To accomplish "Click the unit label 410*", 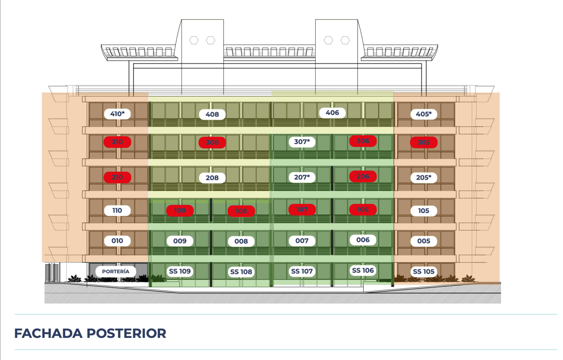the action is coord(117,114).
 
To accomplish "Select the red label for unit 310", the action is coord(117,142).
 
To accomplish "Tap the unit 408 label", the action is coord(212,115).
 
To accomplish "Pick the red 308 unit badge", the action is coord(212,143).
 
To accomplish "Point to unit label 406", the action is coord(332,113).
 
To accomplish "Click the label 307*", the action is coord(302,142).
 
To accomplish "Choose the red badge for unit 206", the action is coord(363,176).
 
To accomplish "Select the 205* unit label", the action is coord(424,177).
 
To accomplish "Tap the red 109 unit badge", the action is coord(180,210).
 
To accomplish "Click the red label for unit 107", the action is coord(302,210).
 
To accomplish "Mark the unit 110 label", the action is coord(117,210).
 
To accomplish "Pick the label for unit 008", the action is coord(241,241).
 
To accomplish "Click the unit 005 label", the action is coord(424,241).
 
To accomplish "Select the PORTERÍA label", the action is coord(115,271).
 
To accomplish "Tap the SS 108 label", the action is coord(241,272).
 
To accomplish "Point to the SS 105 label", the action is coord(424,271).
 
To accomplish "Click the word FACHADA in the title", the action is coord(48,333).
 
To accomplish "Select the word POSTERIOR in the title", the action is coord(126,333).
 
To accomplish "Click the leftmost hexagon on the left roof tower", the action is coord(194,40).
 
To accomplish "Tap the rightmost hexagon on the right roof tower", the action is coord(345,40).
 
